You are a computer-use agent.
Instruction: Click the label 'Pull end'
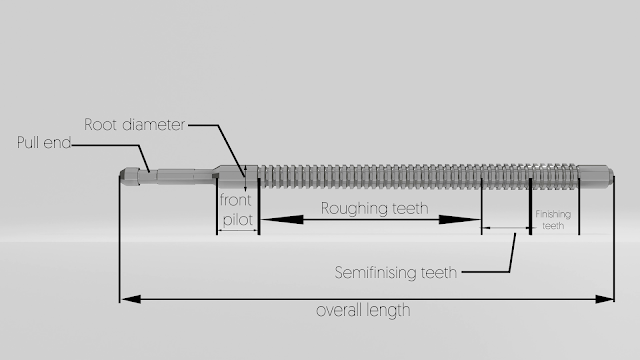click(44, 143)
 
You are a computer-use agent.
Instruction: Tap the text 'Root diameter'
click(134, 125)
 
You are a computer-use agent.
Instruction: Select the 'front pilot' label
click(238, 211)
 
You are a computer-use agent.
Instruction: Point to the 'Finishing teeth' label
click(553, 220)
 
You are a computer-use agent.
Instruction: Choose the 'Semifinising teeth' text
click(396, 272)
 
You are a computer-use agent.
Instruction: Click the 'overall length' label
click(363, 310)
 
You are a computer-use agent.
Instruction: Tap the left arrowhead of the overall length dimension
click(124, 298)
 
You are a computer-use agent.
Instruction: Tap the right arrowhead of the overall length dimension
click(609, 298)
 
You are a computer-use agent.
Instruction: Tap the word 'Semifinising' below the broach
click(377, 272)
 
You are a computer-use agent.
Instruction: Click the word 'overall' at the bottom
click(339, 310)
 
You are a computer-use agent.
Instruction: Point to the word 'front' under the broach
click(237, 201)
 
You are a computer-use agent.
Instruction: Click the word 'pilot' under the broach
click(238, 221)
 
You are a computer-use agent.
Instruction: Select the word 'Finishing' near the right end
click(553, 214)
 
